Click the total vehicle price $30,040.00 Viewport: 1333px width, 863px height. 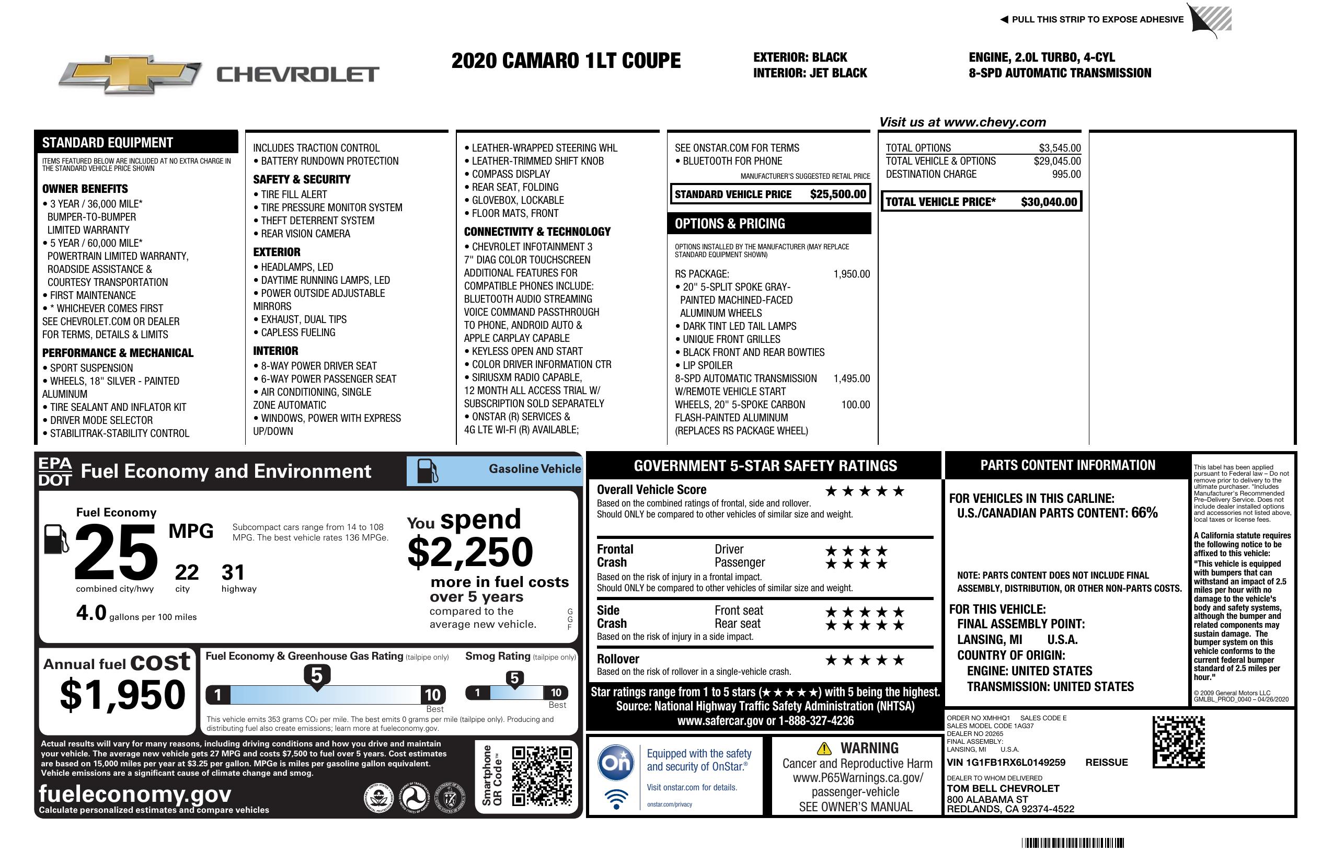pyautogui.click(x=1049, y=202)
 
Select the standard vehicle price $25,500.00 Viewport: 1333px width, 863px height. pyautogui.click(x=838, y=194)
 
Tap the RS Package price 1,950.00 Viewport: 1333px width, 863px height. pyautogui.click(x=852, y=274)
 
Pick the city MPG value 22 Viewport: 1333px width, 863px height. pyautogui.click(x=187, y=572)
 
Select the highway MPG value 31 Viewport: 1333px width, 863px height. pyautogui.click(x=233, y=572)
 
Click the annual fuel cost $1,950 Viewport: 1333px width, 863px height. pyautogui.click(x=123, y=695)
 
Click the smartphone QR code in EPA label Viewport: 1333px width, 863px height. pyautogui.click(x=542, y=776)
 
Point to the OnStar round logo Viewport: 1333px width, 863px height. pyautogui.click(x=616, y=763)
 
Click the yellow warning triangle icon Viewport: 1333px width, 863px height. pyautogui.click(x=824, y=748)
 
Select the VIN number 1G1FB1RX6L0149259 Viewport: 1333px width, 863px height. pyautogui.click(x=1006, y=762)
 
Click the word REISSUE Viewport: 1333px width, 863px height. pyautogui.click(x=1106, y=762)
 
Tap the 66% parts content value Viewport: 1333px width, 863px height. pyautogui.click(x=1144, y=512)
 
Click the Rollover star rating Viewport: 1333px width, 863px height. pyautogui.click(x=865, y=661)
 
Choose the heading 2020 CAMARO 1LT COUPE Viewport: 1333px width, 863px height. pyautogui.click(x=566, y=61)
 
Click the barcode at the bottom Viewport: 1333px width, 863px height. pyautogui.click(x=1073, y=843)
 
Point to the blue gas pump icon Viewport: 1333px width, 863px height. pyautogui.click(x=428, y=471)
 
